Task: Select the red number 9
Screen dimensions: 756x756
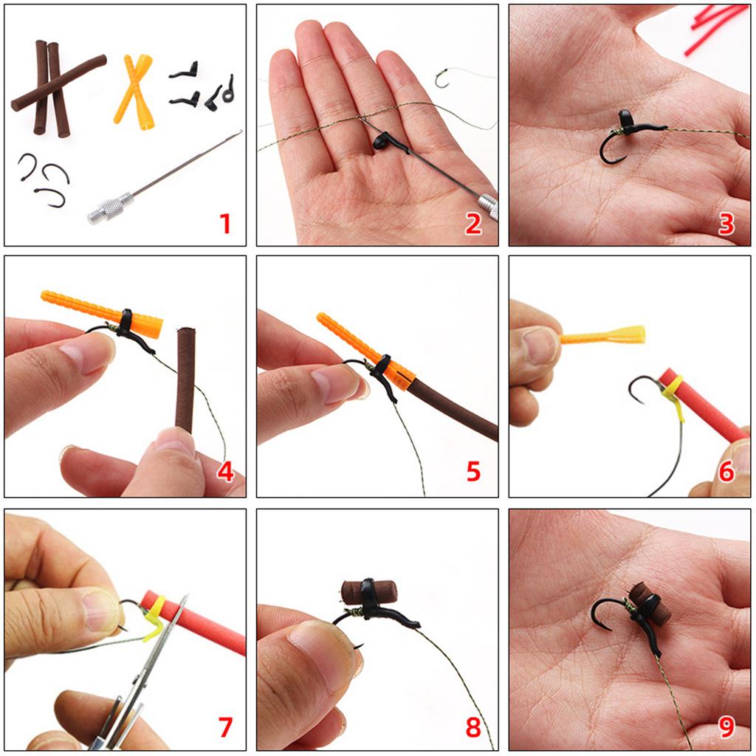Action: pyautogui.click(x=726, y=727)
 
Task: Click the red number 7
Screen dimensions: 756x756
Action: pyautogui.click(x=224, y=727)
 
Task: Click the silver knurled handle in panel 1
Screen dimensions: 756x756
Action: pyautogui.click(x=109, y=207)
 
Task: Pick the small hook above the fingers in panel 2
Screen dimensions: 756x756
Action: pyautogui.click(x=442, y=78)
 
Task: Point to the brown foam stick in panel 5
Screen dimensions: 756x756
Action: pyautogui.click(x=450, y=406)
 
